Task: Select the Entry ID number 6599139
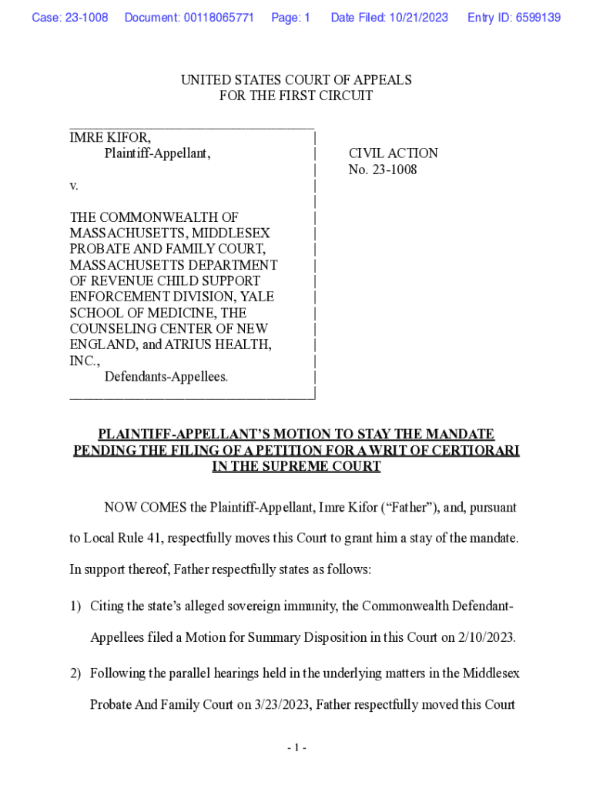[539, 17]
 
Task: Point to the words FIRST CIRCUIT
[330, 96]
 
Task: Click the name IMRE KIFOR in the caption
[110, 137]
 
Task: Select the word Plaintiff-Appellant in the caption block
[157, 153]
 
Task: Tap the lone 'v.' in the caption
[75, 186]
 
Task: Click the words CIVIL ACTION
[394, 153]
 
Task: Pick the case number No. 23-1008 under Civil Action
[383, 170]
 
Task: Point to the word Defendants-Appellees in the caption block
[166, 377]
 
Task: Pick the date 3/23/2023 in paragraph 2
[282, 704]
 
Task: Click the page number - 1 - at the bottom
[296, 747]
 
